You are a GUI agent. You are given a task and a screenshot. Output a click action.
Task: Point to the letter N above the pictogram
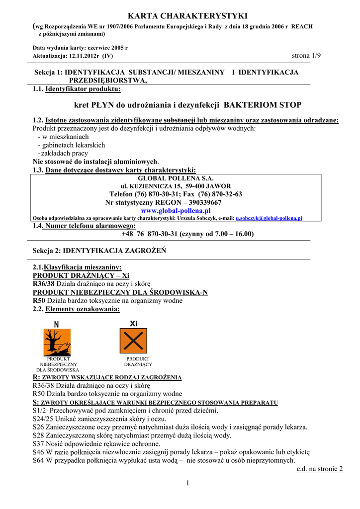coord(56,324)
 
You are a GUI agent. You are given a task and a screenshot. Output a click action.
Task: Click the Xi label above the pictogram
coord(133,324)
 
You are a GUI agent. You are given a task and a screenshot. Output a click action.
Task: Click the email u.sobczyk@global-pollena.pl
coord(269,218)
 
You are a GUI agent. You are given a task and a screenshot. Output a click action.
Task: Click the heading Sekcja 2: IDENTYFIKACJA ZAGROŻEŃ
coord(99,251)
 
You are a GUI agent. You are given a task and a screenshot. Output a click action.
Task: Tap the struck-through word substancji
coord(180,120)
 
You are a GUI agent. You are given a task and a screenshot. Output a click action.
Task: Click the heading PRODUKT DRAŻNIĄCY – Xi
coord(81,275)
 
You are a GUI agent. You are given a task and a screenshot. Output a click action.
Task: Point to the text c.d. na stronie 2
coord(319,469)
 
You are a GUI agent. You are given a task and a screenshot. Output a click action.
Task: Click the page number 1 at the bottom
coord(188,483)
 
